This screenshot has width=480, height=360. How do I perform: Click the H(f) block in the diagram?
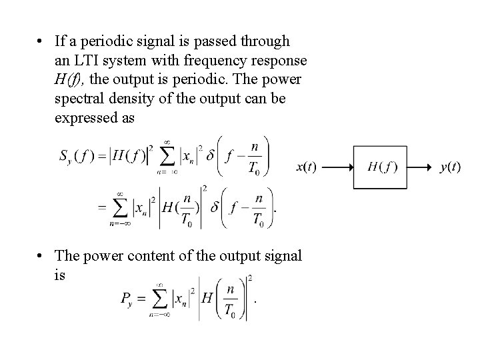tap(382, 166)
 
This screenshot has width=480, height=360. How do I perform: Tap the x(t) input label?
tap(307, 167)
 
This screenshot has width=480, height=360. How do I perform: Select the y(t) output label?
tap(450, 167)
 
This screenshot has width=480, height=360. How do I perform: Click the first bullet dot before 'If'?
tap(41, 41)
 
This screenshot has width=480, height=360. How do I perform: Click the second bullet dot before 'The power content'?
tap(41, 255)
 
